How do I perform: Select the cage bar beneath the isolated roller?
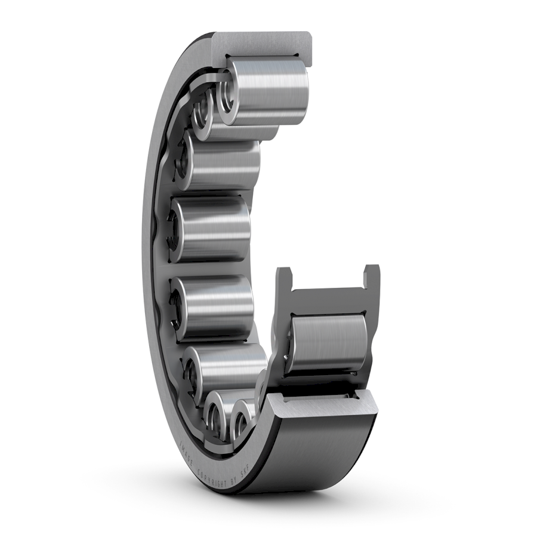pos(325,382)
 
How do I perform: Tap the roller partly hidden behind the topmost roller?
pos(203,111)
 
